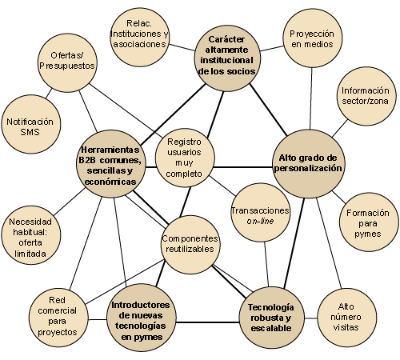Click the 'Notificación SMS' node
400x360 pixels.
[30, 124]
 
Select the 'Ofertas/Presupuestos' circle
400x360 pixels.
[67, 63]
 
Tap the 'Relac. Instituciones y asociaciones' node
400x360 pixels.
[139, 38]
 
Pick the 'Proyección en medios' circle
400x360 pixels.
[312, 38]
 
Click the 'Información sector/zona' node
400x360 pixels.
[366, 96]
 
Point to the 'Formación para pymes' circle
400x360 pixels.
[369, 222]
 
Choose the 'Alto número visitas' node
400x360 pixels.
[347, 318]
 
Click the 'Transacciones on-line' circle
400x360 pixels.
[261, 212]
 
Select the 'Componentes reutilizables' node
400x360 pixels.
[190, 244]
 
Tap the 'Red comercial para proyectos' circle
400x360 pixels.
[58, 318]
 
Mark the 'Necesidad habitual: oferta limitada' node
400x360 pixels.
[30, 235]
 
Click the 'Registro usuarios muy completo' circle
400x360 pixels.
[185, 158]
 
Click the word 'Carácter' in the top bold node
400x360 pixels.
[226, 39]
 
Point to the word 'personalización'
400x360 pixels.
[308, 169]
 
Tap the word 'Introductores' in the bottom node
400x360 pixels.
[141, 305]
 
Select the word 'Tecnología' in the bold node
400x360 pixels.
[271, 307]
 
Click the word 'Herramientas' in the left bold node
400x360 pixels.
[110, 150]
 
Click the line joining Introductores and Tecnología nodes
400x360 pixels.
[208, 322]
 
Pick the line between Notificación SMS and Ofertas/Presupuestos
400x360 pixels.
[49, 94]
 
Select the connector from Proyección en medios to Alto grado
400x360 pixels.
[311, 98]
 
